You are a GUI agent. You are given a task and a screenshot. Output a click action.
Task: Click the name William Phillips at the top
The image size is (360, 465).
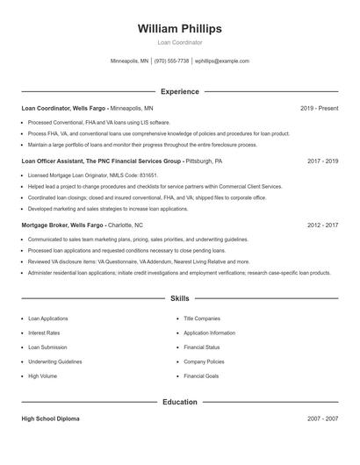[x=179, y=29]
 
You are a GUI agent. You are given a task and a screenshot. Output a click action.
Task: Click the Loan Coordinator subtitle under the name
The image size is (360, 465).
[x=179, y=42]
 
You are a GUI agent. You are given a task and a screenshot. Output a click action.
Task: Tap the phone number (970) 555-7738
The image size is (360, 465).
[x=171, y=61]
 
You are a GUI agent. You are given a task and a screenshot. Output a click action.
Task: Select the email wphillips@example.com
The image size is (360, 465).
[x=222, y=61]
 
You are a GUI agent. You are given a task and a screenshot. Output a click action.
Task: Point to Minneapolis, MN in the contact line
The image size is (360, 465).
[x=129, y=61]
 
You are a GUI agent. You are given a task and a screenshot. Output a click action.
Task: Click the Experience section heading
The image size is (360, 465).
[x=179, y=91]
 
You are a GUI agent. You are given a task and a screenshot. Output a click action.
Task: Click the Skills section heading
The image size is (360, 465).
[x=179, y=298]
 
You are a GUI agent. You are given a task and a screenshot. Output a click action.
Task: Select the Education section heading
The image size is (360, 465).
[x=179, y=402]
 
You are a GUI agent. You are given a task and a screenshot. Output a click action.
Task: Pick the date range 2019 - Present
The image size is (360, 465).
[x=319, y=108]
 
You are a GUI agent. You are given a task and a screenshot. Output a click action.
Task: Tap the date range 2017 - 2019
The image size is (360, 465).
[x=322, y=161]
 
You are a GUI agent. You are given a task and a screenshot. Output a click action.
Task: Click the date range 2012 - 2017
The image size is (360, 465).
[x=322, y=225]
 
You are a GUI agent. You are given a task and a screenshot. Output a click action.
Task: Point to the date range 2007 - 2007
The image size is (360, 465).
[x=322, y=419]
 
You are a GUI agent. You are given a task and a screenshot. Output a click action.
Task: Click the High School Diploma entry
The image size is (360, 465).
[x=50, y=419]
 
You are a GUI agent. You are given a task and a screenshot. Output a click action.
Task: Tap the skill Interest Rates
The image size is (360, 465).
[x=44, y=333]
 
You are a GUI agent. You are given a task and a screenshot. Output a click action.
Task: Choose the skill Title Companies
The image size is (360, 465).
[x=202, y=318]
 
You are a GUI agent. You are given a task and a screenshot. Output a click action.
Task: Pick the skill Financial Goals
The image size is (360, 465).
[x=202, y=376]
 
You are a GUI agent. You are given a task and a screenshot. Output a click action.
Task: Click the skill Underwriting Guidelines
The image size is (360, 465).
[x=54, y=361]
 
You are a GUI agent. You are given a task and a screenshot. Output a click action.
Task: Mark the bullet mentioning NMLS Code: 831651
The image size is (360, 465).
[x=92, y=175]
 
